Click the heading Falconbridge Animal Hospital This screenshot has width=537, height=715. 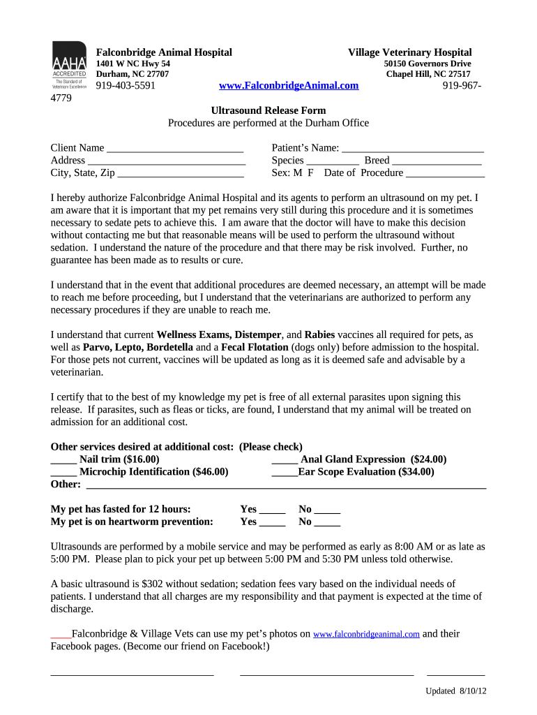pos(164,52)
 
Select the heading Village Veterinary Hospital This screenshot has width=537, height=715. pos(410,52)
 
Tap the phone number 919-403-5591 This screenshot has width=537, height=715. pos(126,86)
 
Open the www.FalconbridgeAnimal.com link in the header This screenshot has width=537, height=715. pos(289,86)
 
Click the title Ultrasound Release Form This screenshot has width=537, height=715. pos(268,110)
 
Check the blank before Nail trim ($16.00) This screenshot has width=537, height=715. pos(63,461)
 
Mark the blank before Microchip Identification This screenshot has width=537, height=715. pos(63,473)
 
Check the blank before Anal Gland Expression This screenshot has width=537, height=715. pos(285,461)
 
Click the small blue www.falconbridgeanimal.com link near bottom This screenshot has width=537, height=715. pos(366,635)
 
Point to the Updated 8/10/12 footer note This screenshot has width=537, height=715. pos(456,691)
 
